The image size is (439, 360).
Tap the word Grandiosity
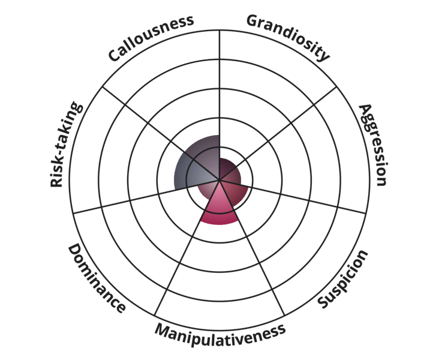coord(288,37)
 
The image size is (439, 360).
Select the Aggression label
coord(374,145)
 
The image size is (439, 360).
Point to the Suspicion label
coord(343,280)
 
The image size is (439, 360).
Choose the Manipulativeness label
coord(220,334)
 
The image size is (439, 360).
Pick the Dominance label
coord(97,278)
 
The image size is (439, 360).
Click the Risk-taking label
coord(66,144)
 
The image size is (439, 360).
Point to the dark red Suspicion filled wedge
coord(235,194)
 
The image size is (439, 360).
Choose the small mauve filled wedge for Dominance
coord(208,190)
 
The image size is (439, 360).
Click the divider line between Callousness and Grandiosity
coord(220,105)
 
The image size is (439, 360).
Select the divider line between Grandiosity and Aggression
coord(278,133)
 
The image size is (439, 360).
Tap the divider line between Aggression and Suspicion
coord(293,196)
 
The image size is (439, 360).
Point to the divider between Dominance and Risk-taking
coord(161,133)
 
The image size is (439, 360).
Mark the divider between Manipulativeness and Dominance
coord(187,247)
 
